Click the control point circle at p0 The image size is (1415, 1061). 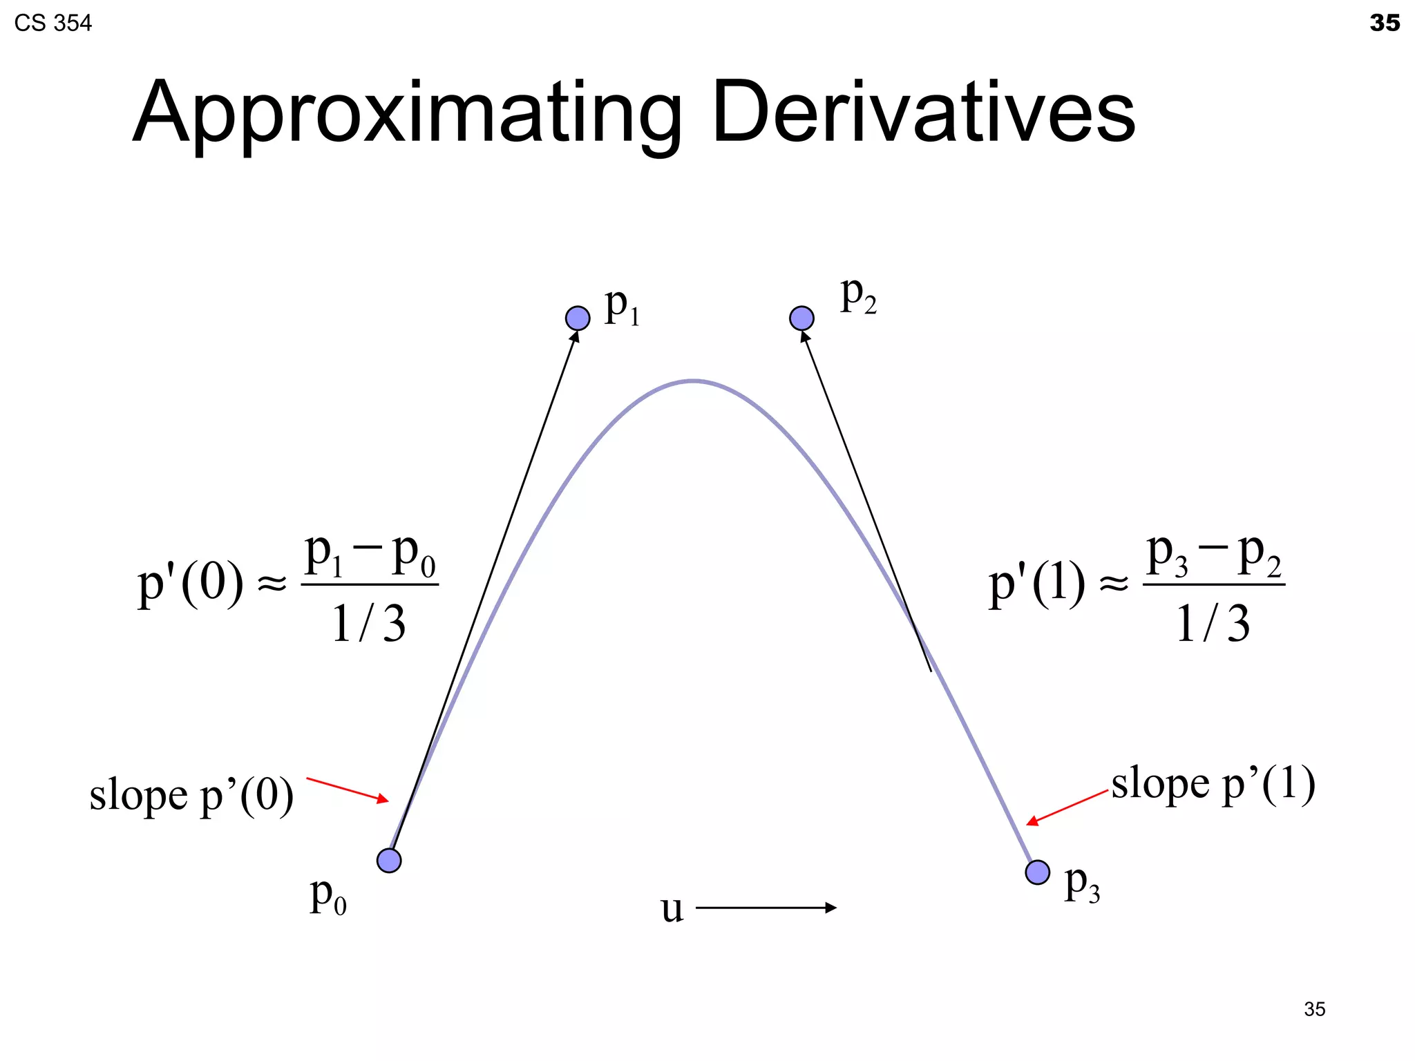(389, 860)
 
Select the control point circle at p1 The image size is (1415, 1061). (578, 318)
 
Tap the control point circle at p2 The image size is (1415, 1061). (801, 318)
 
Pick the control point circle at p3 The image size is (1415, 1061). (1037, 872)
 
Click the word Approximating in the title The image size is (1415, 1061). (407, 114)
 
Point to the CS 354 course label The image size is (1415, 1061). (53, 23)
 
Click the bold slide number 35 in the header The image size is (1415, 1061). (1384, 23)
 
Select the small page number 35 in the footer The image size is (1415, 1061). (1314, 1009)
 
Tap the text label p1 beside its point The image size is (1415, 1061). (622, 306)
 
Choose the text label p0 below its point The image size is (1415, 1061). (328, 897)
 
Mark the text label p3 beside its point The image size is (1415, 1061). (1082, 884)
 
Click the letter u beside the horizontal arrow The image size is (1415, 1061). (672, 909)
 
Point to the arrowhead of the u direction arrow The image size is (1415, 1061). (831, 908)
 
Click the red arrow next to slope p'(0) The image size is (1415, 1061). (348, 790)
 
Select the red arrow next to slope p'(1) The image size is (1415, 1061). (1067, 807)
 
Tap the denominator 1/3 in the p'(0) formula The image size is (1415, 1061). (369, 623)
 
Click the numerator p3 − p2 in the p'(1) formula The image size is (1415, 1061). (1214, 556)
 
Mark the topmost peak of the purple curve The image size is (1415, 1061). (693, 381)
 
